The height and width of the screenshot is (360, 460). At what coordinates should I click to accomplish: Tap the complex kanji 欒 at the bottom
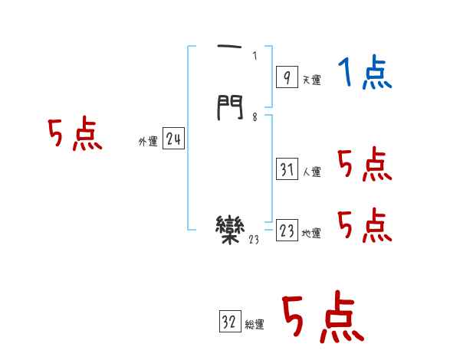[231, 228]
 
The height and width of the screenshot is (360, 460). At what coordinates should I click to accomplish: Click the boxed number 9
[286, 76]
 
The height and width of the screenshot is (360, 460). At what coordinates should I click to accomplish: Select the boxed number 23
[287, 231]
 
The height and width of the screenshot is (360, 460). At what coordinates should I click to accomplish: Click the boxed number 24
[173, 139]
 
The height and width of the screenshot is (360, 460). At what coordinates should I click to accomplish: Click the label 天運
[311, 80]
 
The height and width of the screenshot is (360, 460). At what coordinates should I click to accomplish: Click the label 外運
[148, 142]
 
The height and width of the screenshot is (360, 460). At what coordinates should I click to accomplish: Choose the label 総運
[255, 326]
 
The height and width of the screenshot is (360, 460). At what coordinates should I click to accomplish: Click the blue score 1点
[364, 74]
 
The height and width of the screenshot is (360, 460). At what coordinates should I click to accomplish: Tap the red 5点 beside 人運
[364, 165]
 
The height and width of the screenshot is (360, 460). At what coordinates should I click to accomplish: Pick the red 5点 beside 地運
[364, 225]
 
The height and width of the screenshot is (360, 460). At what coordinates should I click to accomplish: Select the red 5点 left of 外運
[74, 136]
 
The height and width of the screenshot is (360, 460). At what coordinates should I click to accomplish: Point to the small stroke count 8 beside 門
[255, 117]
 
